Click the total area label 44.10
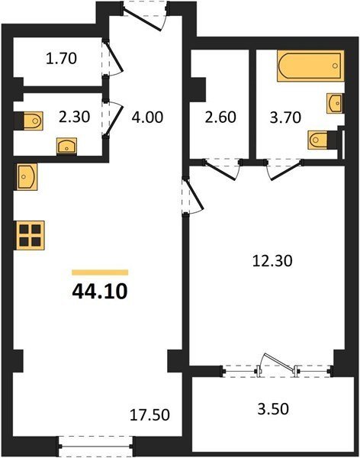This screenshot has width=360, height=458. click(x=100, y=292)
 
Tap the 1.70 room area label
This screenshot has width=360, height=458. click(x=61, y=58)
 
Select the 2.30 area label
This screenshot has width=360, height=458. click(x=74, y=117)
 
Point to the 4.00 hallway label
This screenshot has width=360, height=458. click(x=147, y=117)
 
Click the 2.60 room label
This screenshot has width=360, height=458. click(x=220, y=117)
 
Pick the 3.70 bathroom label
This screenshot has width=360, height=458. click(x=285, y=118)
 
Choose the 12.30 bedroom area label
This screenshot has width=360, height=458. click(x=272, y=260)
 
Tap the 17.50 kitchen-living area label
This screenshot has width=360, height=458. click(x=149, y=415)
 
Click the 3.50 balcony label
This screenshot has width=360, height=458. click(x=273, y=408)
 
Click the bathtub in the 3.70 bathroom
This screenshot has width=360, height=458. click(x=310, y=66)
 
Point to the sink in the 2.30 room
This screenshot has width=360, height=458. click(x=67, y=146)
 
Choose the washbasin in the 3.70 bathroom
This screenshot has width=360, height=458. click(x=335, y=103)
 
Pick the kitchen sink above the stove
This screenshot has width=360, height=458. click(x=27, y=177)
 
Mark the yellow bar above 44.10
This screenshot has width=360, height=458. click(x=100, y=273)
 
